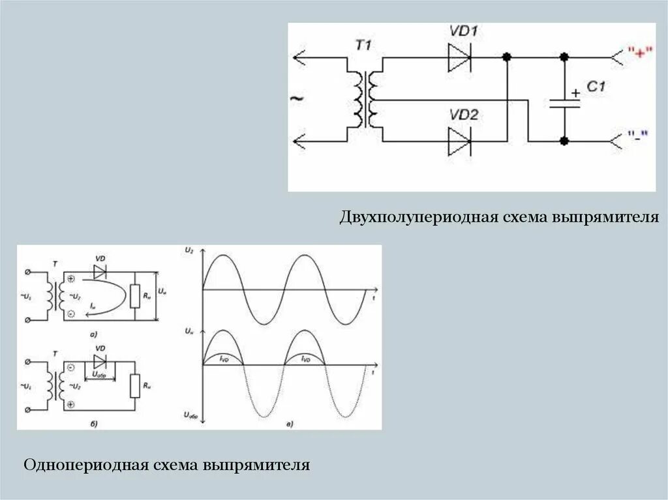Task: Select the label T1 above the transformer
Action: click(x=363, y=45)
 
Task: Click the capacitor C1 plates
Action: click(x=564, y=102)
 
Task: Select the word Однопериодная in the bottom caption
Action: click(x=85, y=465)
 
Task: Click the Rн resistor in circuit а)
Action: click(x=135, y=296)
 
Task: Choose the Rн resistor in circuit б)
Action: click(x=135, y=386)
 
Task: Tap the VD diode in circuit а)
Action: click(x=100, y=271)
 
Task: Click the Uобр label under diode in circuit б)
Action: click(x=100, y=375)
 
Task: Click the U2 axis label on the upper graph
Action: click(x=189, y=250)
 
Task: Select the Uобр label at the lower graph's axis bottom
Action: click(x=190, y=415)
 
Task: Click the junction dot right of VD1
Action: click(x=506, y=58)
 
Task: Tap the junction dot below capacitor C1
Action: click(x=564, y=141)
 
